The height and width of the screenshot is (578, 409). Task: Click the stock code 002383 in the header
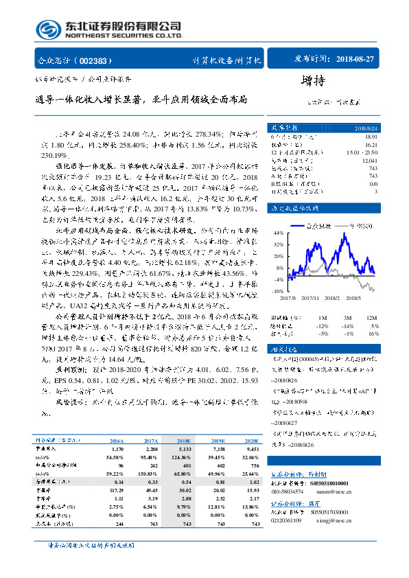(94, 60)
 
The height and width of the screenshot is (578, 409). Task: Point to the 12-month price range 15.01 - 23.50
(362, 152)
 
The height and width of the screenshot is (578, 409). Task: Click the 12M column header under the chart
(373, 317)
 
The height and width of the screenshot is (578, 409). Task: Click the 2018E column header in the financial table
(183, 441)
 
